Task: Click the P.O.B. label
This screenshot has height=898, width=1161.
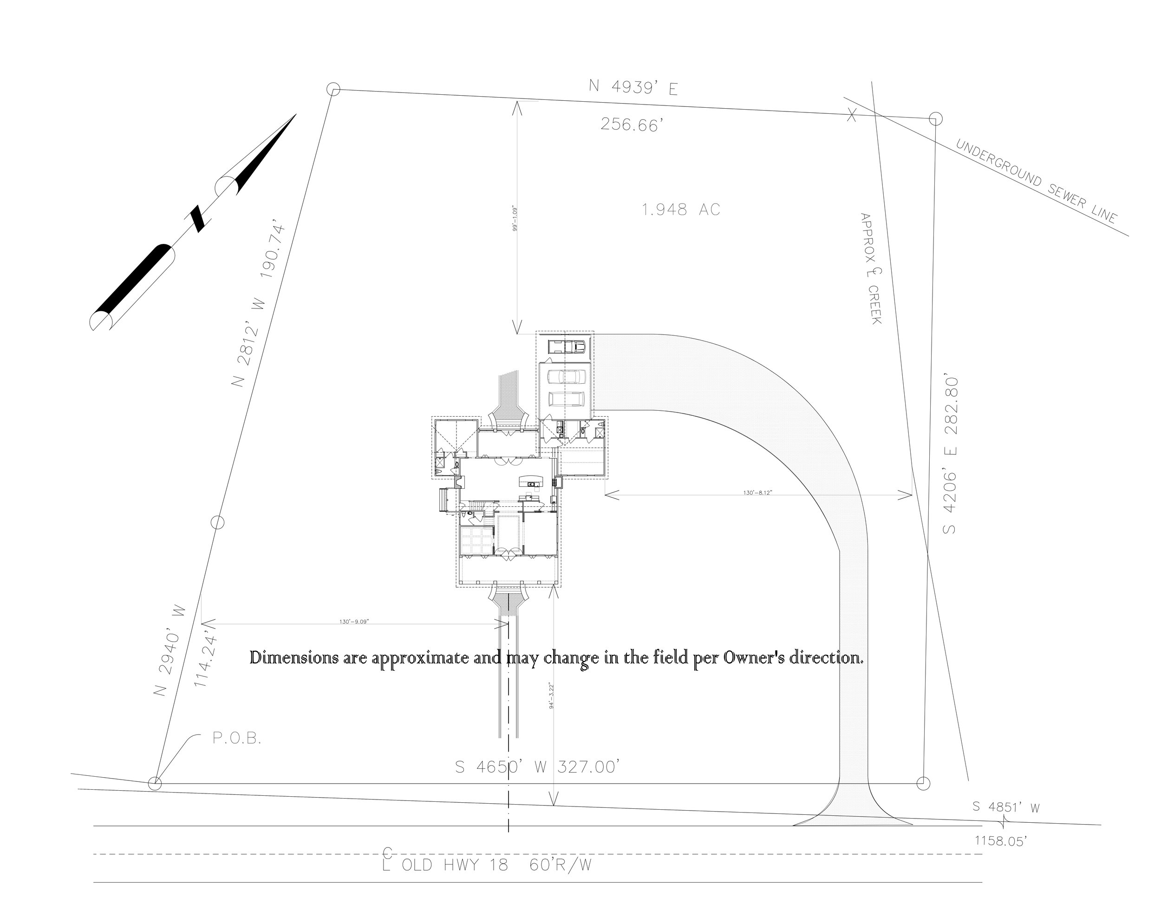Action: tap(237, 739)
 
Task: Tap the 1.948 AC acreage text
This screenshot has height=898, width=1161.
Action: tap(681, 210)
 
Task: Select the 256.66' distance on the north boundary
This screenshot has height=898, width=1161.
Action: tap(632, 125)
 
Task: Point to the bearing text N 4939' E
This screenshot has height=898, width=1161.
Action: tap(633, 87)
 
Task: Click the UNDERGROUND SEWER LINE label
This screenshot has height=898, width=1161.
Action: tap(1036, 181)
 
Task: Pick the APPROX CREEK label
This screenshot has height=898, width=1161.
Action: tap(871, 269)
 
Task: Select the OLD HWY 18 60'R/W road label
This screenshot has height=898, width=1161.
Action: tap(486, 865)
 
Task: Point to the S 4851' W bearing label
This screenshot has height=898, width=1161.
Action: tap(1006, 806)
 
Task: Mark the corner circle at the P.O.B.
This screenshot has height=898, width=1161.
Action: tap(155, 783)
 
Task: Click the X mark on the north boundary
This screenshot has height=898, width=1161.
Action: tap(852, 115)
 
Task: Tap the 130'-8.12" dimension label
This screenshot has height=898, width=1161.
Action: tap(757, 493)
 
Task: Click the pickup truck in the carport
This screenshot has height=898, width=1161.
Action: tap(568, 347)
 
